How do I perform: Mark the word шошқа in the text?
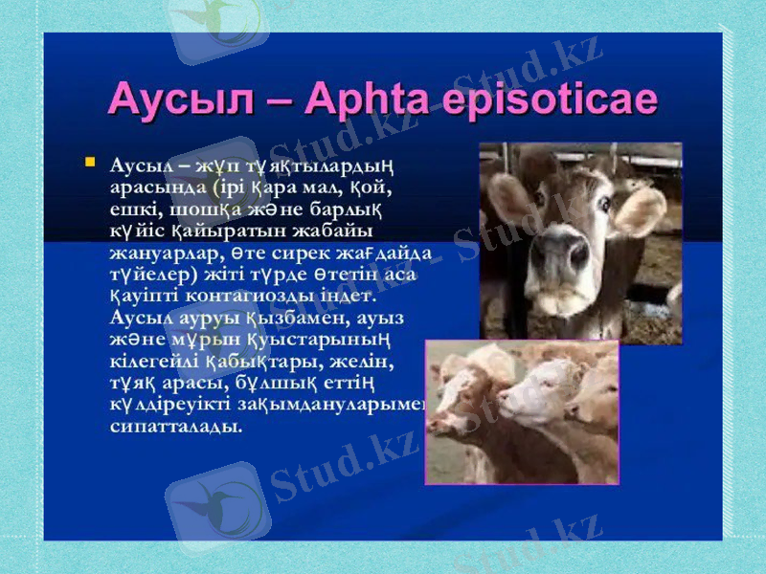(x=191, y=210)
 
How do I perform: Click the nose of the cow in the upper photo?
(x=571, y=256)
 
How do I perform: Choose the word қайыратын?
(x=219, y=232)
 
